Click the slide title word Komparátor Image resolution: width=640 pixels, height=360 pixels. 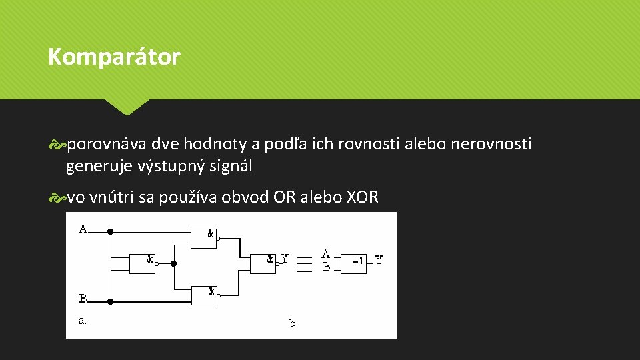point(114,57)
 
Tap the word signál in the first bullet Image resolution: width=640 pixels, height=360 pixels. point(231,166)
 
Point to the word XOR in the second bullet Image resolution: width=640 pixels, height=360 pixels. point(363,197)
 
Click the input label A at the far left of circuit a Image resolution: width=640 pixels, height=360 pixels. point(83,229)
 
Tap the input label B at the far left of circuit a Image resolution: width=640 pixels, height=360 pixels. point(83,298)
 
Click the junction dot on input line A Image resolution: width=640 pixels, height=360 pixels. point(111,232)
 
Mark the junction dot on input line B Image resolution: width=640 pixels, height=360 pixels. point(111,301)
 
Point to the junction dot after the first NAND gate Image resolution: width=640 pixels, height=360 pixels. point(173,263)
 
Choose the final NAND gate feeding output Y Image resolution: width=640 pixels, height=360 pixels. point(262,263)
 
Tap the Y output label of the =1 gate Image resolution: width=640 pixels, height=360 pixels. point(379,260)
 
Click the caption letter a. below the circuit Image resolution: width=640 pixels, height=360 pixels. point(83,321)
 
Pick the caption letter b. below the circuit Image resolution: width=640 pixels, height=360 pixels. point(293,323)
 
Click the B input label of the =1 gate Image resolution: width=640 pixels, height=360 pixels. point(326,267)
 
